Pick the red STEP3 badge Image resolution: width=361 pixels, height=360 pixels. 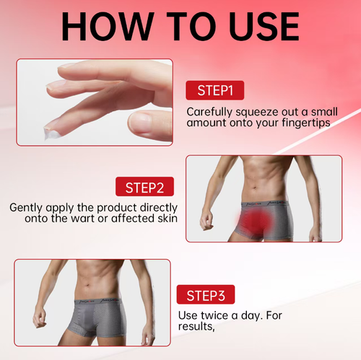[205, 295]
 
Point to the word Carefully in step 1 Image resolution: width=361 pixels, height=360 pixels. [210, 112]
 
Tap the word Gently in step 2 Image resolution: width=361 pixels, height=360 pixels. [27, 207]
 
